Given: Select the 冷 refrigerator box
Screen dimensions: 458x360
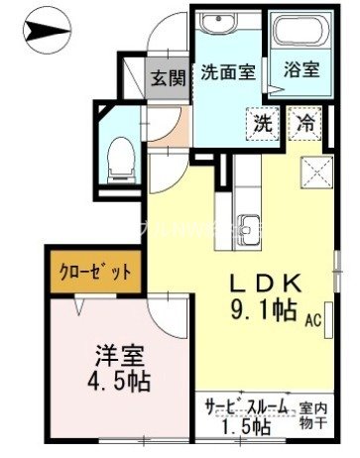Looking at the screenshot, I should (x=305, y=124).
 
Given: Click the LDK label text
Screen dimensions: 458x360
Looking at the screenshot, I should (x=267, y=282).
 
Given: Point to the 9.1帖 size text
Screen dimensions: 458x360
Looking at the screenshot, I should (x=264, y=309).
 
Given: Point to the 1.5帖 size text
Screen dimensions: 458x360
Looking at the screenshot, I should (x=247, y=427).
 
